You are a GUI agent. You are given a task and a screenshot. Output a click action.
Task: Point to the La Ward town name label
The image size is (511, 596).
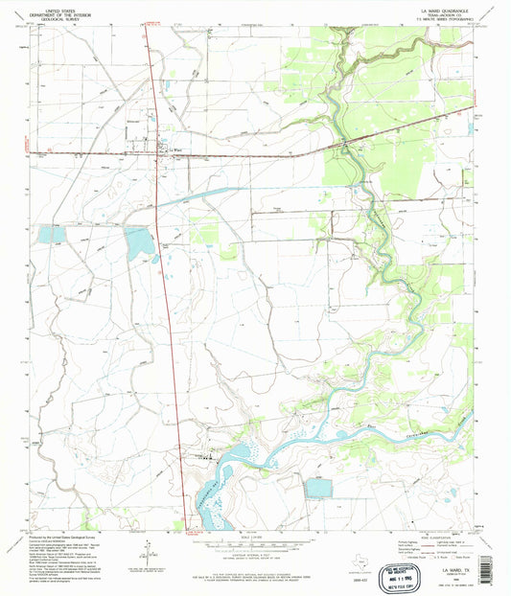coord(174,149)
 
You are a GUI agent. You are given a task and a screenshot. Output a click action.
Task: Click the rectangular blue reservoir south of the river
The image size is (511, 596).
coord(317,488)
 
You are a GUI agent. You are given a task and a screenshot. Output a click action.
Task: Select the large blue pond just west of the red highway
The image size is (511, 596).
coord(139,243)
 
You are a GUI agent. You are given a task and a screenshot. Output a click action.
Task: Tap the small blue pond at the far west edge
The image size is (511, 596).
coord(50,234)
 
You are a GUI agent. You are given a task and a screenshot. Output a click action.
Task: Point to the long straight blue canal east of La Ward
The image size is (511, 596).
coord(230,191)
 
